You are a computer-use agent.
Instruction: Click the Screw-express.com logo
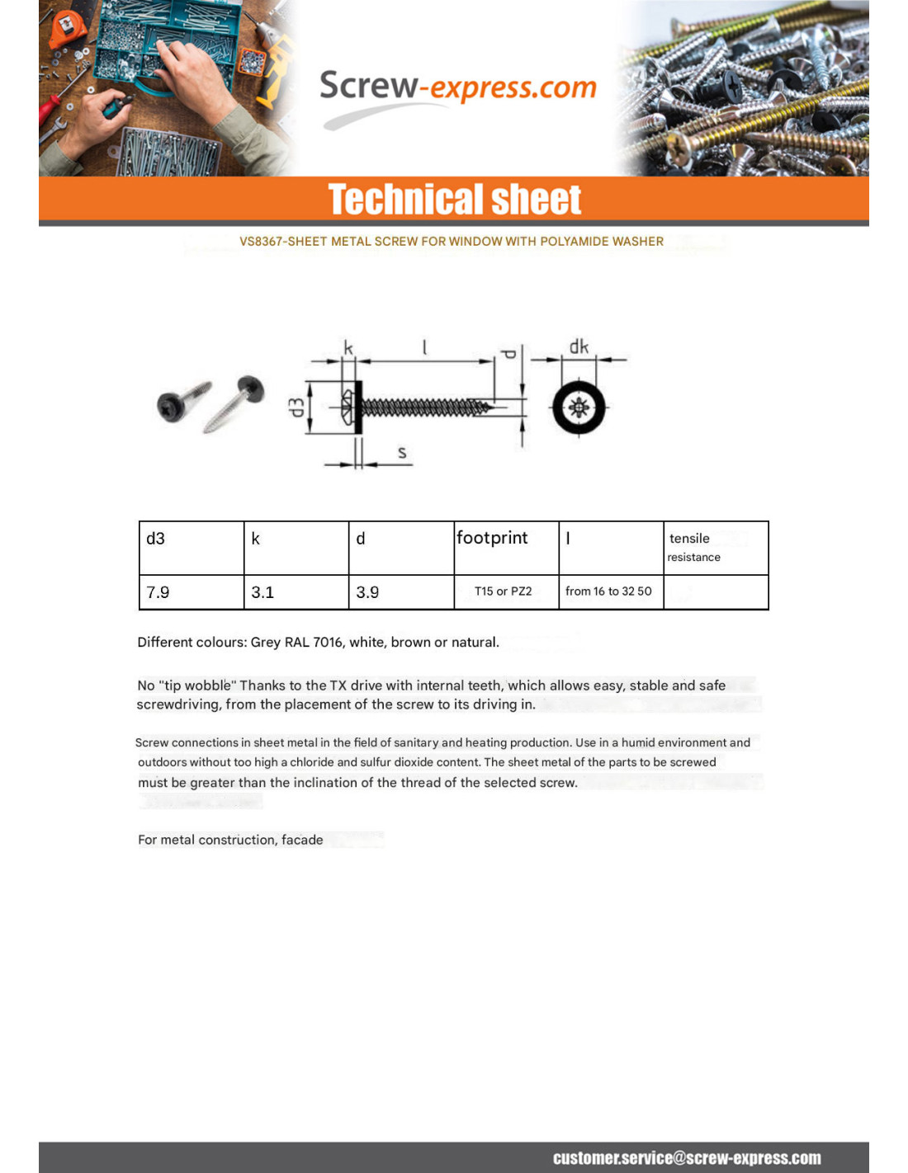coord(457,87)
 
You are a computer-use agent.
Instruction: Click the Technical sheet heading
coord(454,200)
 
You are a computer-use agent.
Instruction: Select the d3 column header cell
coord(191,547)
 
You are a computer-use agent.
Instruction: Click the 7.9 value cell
coord(191,592)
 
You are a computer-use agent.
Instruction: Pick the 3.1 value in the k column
coord(296,592)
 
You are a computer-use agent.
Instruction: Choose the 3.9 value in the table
coord(400,592)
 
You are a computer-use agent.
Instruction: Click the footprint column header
coord(505,547)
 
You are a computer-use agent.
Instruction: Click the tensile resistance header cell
coord(715,547)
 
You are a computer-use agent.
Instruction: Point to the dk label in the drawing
coord(579,346)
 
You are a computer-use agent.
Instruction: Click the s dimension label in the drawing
coord(402,452)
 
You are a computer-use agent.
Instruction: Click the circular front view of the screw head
coord(579,407)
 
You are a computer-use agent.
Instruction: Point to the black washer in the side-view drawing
coord(359,407)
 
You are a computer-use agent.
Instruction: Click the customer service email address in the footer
coord(687,1158)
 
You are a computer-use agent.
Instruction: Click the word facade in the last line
coord(302,840)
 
